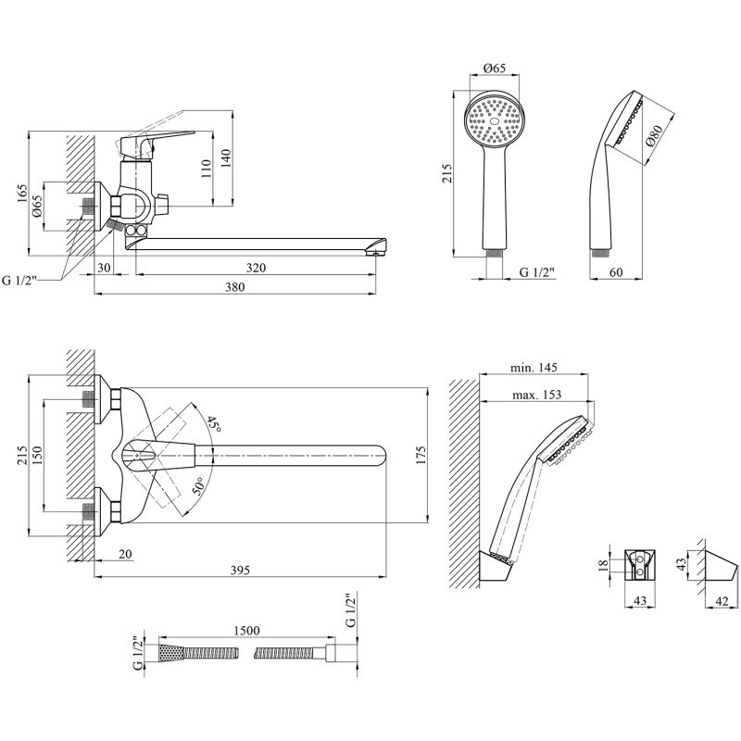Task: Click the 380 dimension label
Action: pyautogui.click(x=235, y=287)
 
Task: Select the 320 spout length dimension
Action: pyautogui.click(x=256, y=268)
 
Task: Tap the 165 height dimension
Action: pyautogui.click(x=22, y=195)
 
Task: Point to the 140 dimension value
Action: pyautogui.click(x=226, y=158)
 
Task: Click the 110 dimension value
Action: pyautogui.click(x=206, y=169)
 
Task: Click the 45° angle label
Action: pyautogui.click(x=214, y=424)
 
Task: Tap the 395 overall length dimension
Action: pyautogui.click(x=240, y=570)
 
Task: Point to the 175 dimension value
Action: pyautogui.click(x=421, y=455)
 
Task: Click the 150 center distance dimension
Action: pyautogui.click(x=37, y=456)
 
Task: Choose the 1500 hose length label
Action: pyautogui.click(x=246, y=631)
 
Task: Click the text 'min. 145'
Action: pyautogui.click(x=534, y=367)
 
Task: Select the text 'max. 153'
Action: pyautogui.click(x=537, y=395)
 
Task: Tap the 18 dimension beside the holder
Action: pyautogui.click(x=604, y=566)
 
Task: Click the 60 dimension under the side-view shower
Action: pyautogui.click(x=616, y=272)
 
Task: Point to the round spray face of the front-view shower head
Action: pyautogui.click(x=495, y=120)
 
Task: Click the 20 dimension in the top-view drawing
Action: pyautogui.click(x=125, y=553)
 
